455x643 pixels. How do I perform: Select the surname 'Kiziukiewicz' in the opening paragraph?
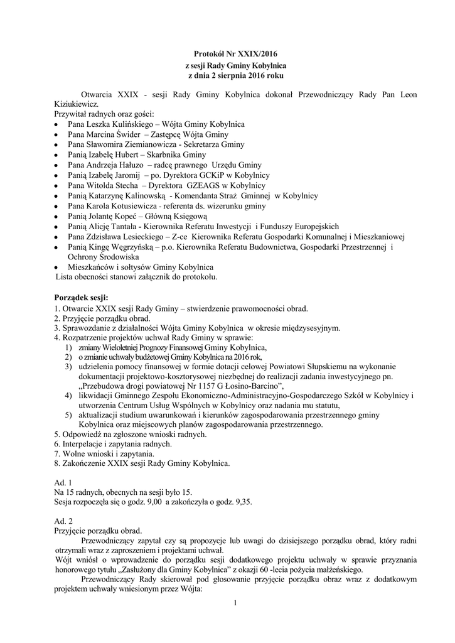tap(76, 104)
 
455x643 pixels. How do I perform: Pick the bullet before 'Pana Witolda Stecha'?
tap(58, 186)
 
